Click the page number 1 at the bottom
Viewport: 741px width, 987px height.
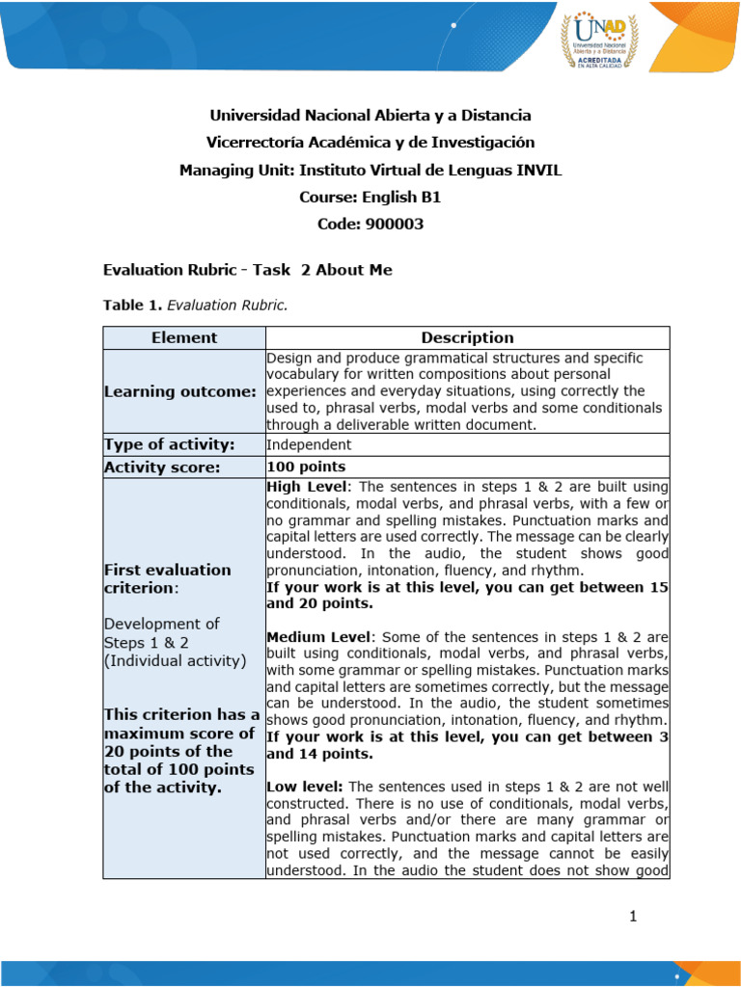point(633,917)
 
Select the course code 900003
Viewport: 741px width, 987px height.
point(370,225)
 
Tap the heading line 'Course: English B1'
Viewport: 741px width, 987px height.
point(370,198)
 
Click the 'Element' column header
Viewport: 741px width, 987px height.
point(183,337)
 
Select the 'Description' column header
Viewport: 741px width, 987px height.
point(467,337)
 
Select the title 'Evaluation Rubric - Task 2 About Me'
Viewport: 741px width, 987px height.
point(247,270)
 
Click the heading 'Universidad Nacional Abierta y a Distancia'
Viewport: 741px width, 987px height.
point(370,116)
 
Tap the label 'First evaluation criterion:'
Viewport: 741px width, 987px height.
point(167,578)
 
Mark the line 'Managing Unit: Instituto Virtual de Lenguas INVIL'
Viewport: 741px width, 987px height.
point(370,171)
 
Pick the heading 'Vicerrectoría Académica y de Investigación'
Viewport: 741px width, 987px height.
point(370,143)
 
